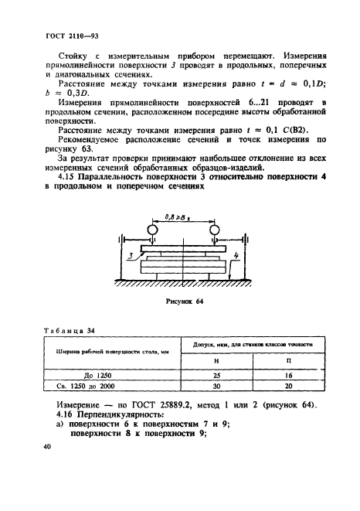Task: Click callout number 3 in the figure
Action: [134, 253]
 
